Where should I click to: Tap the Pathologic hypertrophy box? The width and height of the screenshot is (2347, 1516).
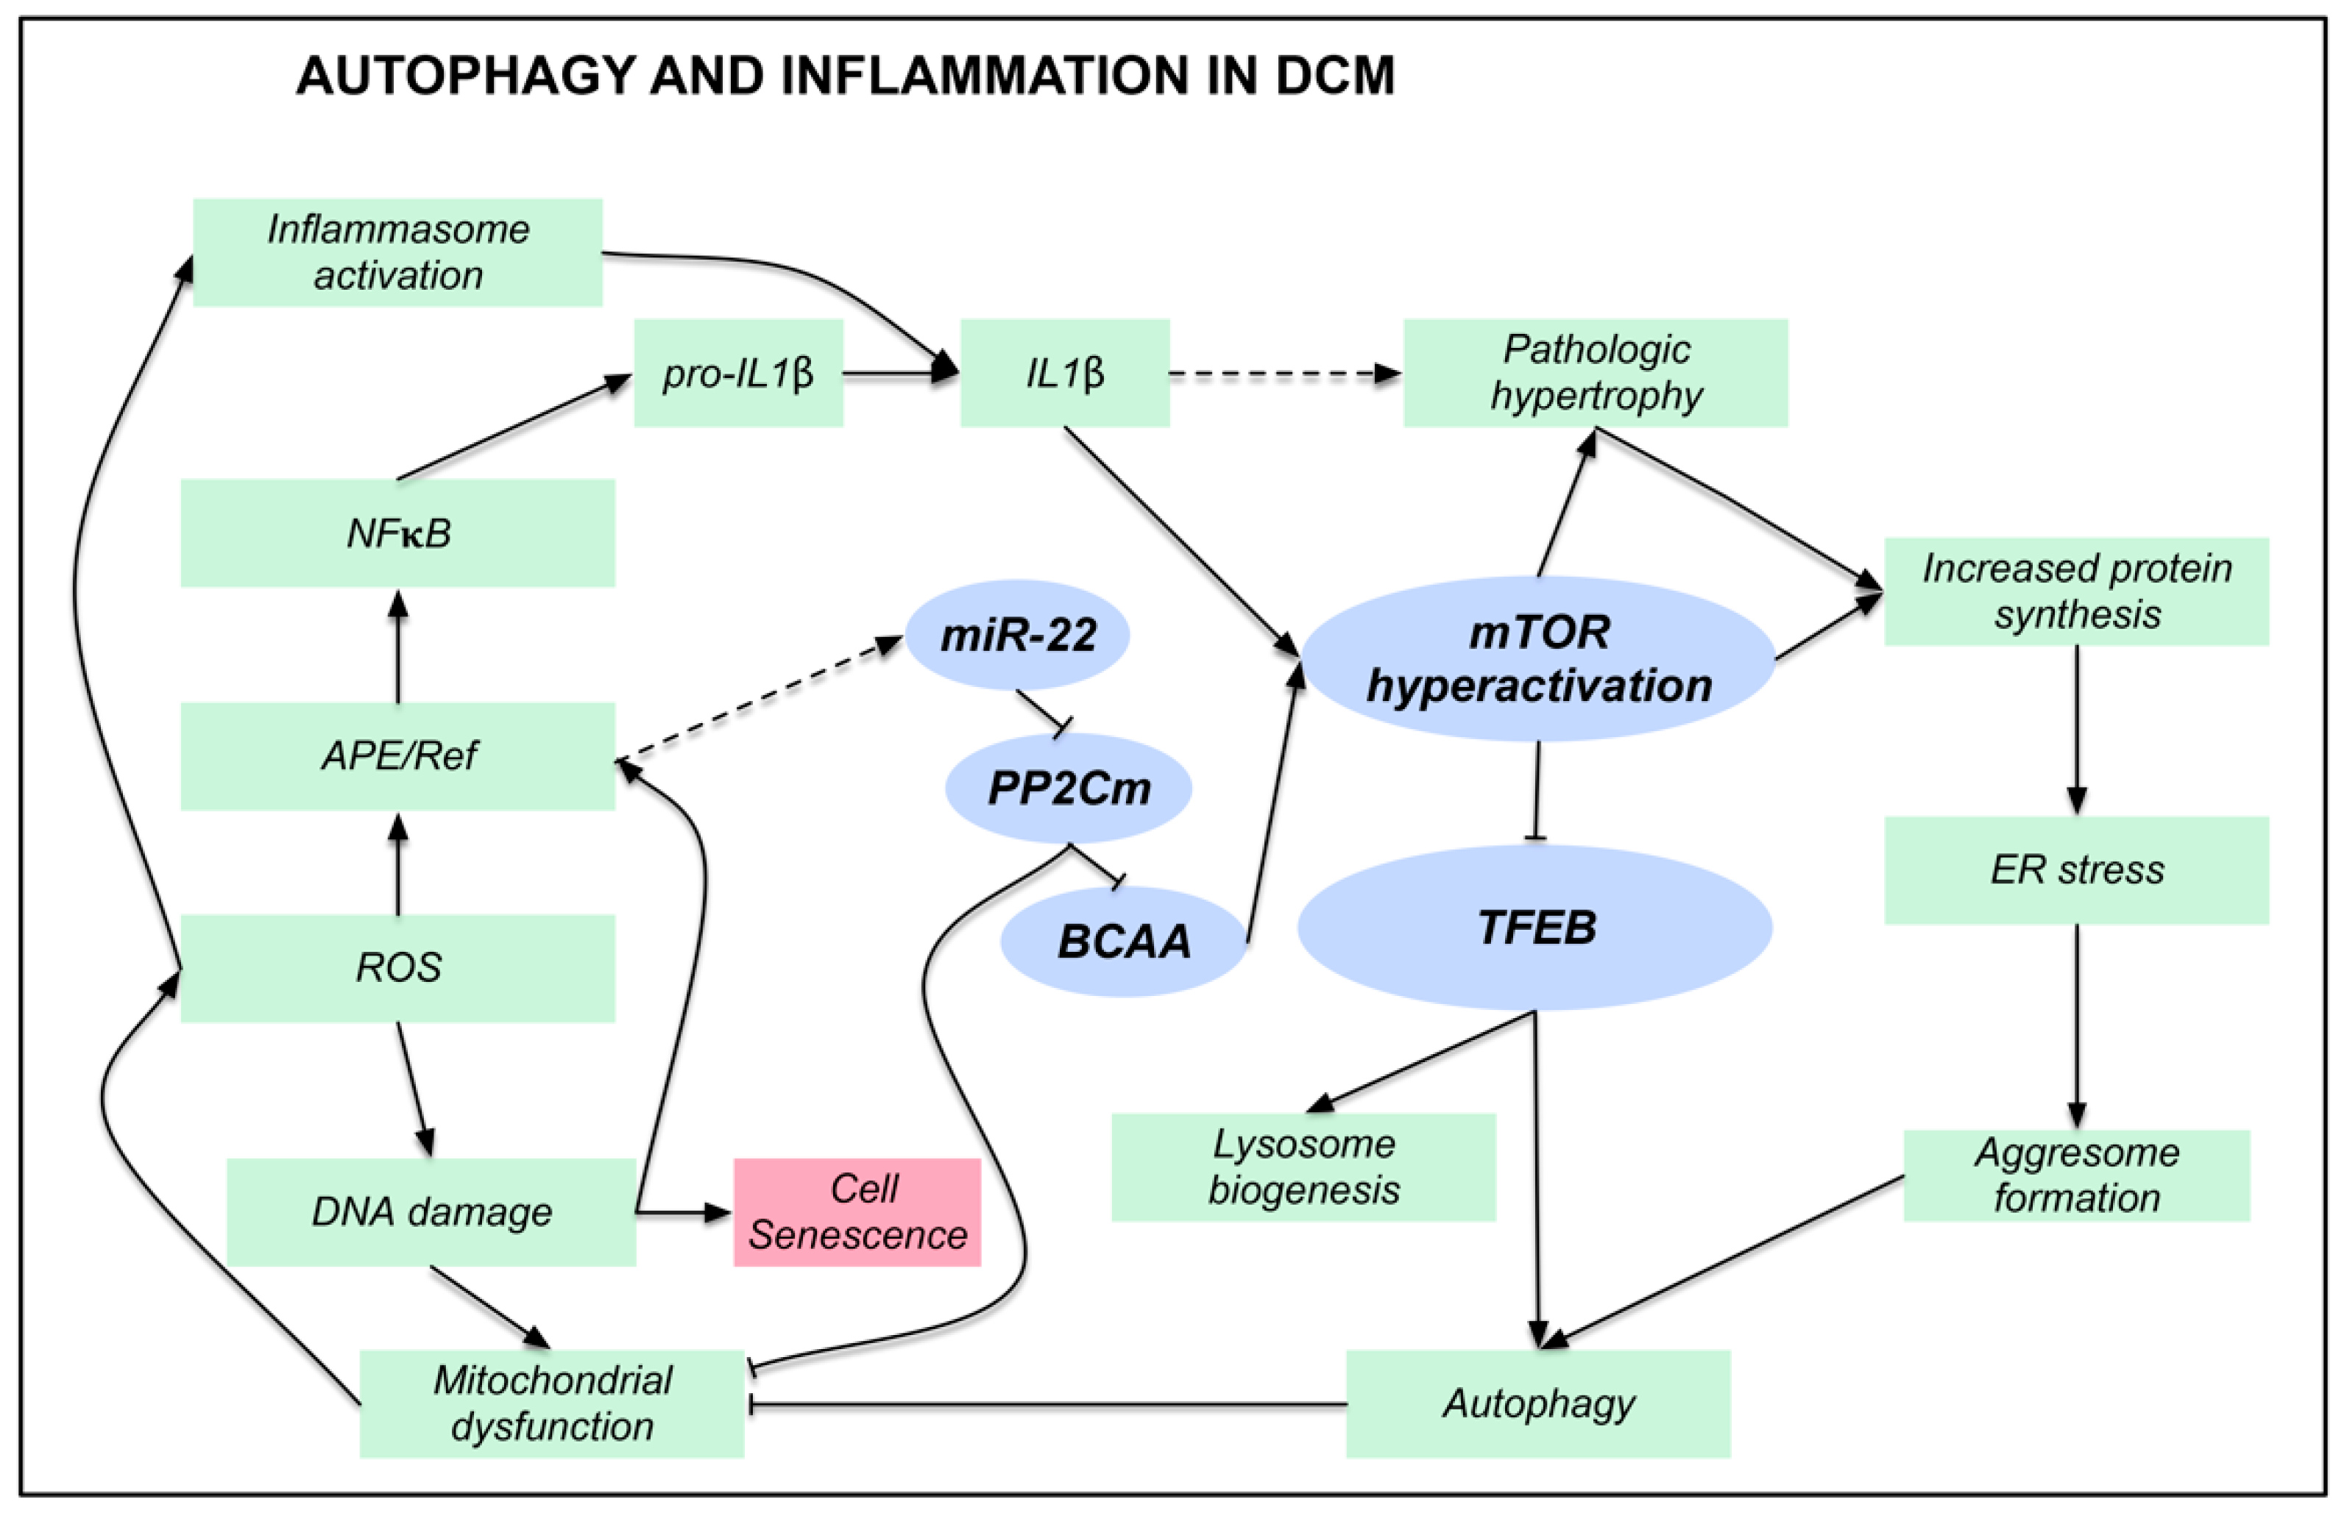click(1595, 373)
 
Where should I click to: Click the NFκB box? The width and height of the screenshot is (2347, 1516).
click(398, 533)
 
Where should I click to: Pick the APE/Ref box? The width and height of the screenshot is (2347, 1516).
click(398, 756)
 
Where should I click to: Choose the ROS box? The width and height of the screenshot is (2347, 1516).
click(398, 968)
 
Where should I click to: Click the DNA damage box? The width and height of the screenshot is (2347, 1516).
click(431, 1211)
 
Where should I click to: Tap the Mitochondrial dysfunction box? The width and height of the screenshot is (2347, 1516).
click(551, 1403)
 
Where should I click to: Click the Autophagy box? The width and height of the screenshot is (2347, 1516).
click(1537, 1403)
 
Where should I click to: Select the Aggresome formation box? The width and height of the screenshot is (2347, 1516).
click(2076, 1175)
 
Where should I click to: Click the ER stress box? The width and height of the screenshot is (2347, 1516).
click(2076, 870)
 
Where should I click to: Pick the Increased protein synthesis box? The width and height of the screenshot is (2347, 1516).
click(2076, 591)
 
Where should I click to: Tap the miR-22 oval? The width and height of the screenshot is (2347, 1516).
click(1017, 635)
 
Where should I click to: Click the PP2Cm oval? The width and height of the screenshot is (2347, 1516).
click(1069, 788)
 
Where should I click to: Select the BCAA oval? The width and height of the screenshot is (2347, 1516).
click(1124, 941)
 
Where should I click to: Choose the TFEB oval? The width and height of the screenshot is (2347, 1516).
click(1535, 928)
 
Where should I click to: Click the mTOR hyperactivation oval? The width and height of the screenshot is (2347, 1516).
click(1538, 658)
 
